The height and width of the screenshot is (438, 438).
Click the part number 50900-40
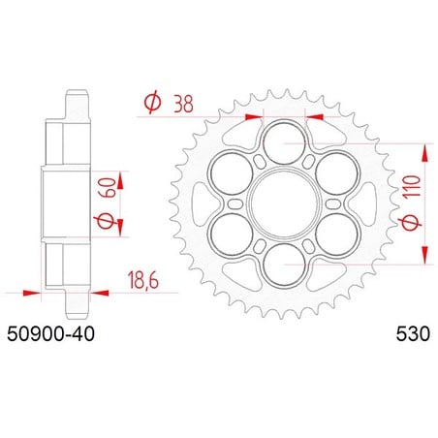[50, 334]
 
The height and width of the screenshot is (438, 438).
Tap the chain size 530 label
[413, 334]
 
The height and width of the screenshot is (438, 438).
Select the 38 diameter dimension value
[183, 104]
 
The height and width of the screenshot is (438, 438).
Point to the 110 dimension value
[413, 186]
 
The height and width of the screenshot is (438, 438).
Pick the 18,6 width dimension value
[143, 280]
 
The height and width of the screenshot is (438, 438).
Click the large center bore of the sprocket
[284, 203]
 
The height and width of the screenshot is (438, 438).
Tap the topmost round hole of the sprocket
[284, 142]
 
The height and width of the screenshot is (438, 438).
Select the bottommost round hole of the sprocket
[284, 266]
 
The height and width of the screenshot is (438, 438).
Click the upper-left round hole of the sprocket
[231, 173]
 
